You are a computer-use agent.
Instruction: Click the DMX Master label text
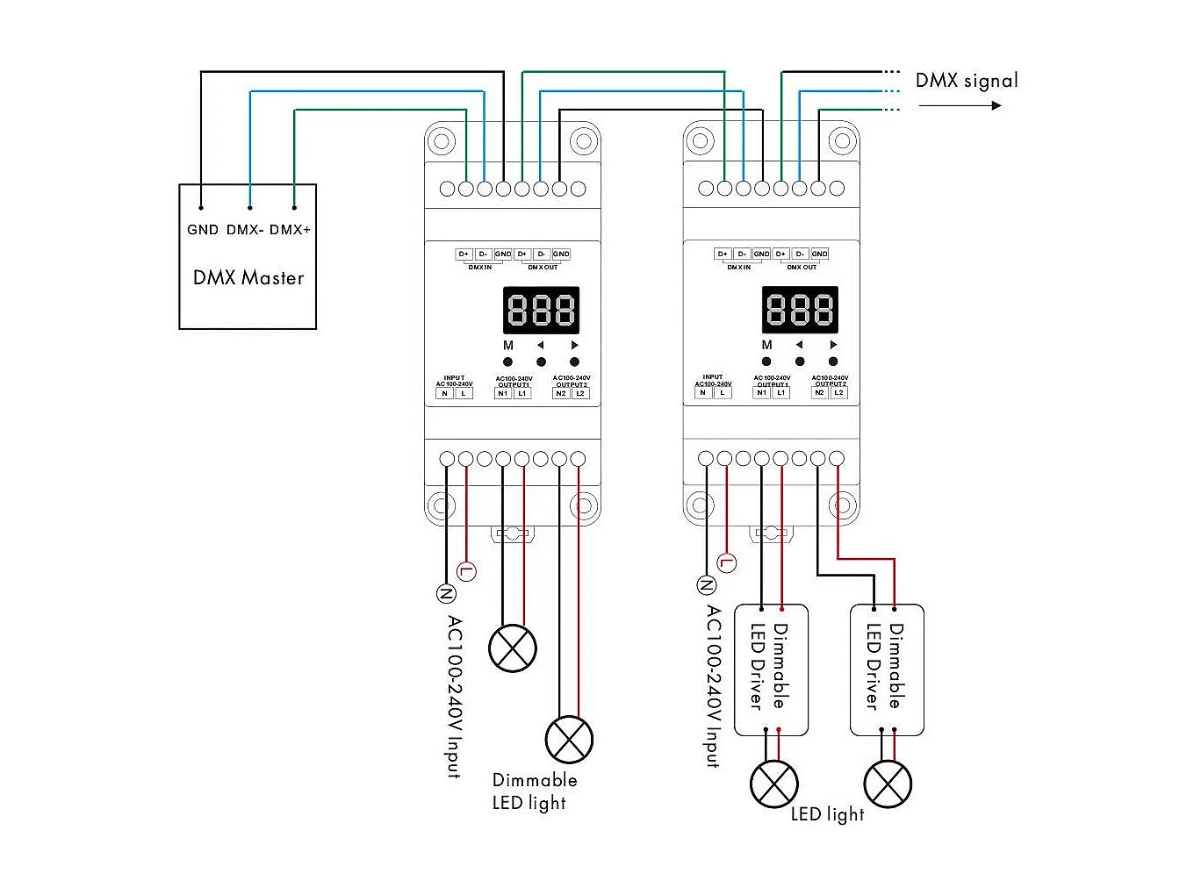(x=248, y=278)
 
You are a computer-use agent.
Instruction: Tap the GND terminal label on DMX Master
(x=202, y=230)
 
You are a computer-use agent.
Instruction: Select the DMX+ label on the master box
(x=290, y=230)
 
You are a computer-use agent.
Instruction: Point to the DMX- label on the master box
(x=245, y=230)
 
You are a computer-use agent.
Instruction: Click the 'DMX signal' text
(x=967, y=81)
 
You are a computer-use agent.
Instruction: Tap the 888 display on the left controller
(x=541, y=310)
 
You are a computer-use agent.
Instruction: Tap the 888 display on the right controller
(x=800, y=310)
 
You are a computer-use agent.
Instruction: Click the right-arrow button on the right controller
(x=833, y=361)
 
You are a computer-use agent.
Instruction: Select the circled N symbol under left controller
(x=446, y=594)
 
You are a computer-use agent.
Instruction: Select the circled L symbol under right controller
(x=727, y=562)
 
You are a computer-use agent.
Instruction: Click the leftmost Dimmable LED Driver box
(x=771, y=669)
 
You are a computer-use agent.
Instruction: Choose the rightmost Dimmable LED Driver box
(x=887, y=669)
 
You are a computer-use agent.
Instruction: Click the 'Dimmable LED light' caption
(x=534, y=791)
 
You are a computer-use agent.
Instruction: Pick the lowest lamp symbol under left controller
(x=569, y=739)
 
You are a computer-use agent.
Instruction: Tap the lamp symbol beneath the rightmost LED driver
(x=888, y=784)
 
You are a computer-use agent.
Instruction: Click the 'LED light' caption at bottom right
(x=827, y=814)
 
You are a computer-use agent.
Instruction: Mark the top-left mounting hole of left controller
(x=442, y=141)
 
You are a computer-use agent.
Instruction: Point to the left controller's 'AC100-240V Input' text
(x=453, y=697)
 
